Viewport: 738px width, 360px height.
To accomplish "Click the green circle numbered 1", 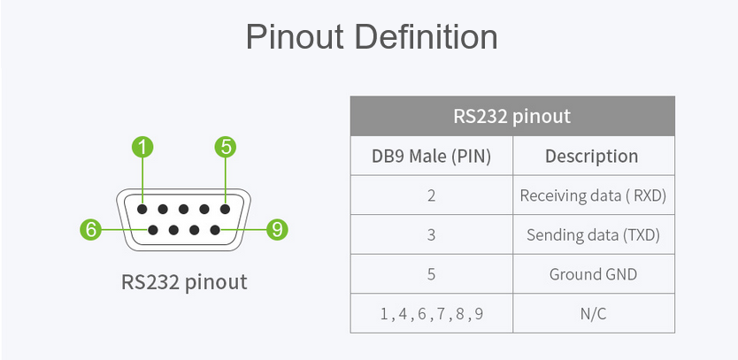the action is (142, 147).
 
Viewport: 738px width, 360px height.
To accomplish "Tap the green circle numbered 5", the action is (226, 147).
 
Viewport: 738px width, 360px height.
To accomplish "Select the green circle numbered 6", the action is (90, 230).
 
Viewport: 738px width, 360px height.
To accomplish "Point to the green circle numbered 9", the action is (277, 230).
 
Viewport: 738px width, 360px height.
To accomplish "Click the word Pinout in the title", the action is (295, 36).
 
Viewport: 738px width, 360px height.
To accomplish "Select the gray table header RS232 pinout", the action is (512, 116).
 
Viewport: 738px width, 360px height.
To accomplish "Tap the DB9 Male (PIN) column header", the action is (432, 156).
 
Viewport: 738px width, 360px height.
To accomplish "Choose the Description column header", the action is (594, 156).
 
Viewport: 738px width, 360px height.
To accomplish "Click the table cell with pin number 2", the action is (432, 195).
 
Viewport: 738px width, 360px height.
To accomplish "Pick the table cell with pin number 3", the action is (432, 234).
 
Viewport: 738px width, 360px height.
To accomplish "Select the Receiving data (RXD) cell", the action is (594, 195).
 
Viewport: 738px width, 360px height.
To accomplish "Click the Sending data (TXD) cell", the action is (594, 234).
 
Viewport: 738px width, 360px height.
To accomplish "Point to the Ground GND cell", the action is (594, 274).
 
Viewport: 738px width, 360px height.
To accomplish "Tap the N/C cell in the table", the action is (594, 313).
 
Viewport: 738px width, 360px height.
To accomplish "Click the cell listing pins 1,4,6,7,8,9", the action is (432, 313).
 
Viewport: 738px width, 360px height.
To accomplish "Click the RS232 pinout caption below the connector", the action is (184, 282).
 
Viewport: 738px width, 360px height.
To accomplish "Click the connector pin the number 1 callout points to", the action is (142, 209).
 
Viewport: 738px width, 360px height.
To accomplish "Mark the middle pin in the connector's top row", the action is (183, 209).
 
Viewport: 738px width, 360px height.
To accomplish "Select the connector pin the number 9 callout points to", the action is (215, 230).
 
